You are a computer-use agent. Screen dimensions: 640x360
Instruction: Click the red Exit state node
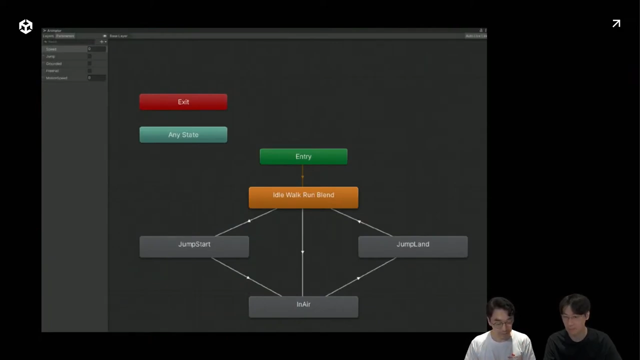tap(183, 102)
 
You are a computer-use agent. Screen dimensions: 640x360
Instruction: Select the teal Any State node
tap(183, 135)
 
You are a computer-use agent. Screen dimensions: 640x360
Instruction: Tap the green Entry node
tap(303, 156)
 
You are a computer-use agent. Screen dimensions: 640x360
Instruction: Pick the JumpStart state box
tap(194, 246)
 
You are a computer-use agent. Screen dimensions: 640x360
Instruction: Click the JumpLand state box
tap(412, 246)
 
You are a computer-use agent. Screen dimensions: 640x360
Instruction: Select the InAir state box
tap(303, 306)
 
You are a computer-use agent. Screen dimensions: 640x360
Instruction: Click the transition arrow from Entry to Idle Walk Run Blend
tap(302, 175)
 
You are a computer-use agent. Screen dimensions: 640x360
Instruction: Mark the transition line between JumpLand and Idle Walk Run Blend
tap(358, 220)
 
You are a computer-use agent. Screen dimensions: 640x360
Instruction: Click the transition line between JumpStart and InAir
tap(248, 277)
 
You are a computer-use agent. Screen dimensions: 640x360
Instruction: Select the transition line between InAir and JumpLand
tap(358, 277)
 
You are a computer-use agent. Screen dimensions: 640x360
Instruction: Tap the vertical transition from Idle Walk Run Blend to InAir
tap(302, 251)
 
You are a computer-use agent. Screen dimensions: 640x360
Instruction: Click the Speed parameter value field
tap(96, 49)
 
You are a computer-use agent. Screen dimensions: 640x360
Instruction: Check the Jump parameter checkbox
tap(89, 56)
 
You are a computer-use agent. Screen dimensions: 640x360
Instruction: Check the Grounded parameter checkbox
tap(89, 63)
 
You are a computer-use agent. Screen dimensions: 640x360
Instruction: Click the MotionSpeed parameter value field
tap(96, 78)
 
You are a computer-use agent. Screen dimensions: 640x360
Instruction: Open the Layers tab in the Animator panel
tap(48, 36)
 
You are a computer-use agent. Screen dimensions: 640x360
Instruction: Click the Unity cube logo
tap(25, 26)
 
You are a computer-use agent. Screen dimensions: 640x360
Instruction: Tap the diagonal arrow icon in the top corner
tap(616, 23)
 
